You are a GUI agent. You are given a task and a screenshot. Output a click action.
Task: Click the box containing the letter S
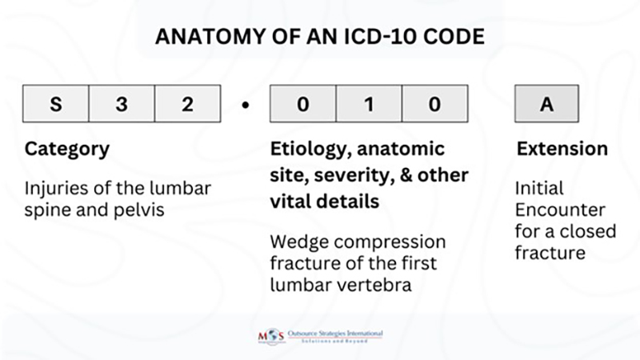click(55, 105)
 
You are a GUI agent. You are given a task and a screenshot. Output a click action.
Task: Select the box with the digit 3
click(121, 105)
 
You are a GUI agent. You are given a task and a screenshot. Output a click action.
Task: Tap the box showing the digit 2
click(186, 105)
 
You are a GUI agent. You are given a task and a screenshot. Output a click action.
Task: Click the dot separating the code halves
click(245, 106)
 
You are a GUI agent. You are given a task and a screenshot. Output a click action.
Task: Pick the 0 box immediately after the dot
click(302, 105)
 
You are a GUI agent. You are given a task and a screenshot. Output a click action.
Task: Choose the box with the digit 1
click(368, 105)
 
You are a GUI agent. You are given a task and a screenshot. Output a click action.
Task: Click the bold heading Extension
click(562, 150)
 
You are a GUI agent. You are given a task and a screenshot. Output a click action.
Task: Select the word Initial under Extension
click(539, 189)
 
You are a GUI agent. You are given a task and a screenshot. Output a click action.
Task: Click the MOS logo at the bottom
click(269, 336)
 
